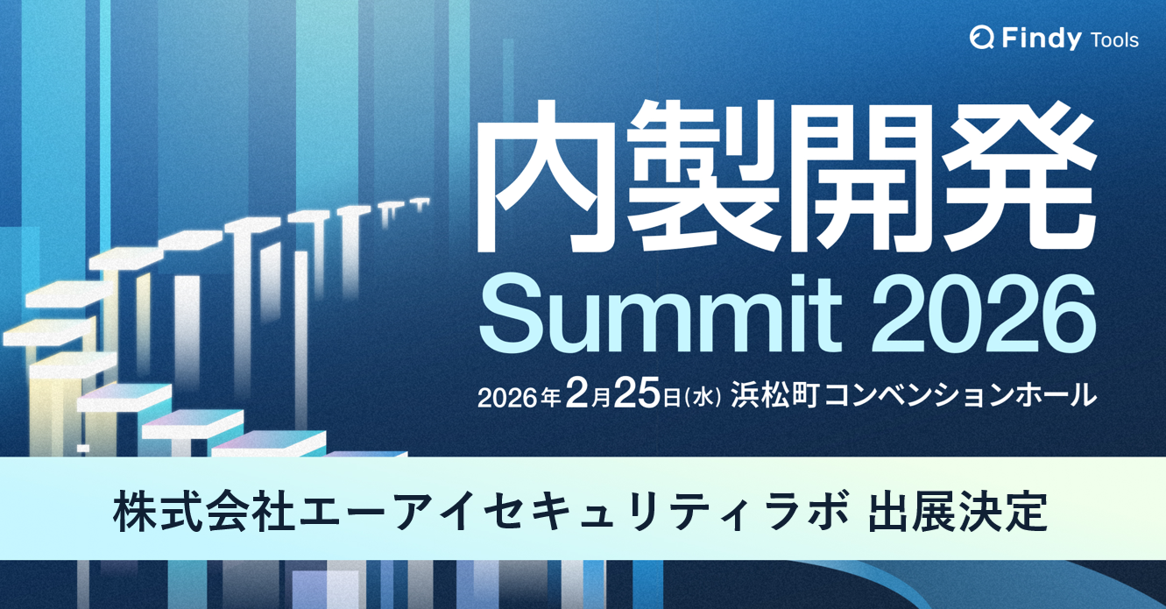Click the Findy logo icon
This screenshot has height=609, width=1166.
(981, 38)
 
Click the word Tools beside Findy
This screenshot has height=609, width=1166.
(1115, 39)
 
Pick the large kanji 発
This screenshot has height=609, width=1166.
(1020, 179)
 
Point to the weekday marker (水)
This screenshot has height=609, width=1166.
(705, 397)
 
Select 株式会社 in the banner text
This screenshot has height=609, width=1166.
(203, 513)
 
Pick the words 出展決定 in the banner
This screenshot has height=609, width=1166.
(957, 513)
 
